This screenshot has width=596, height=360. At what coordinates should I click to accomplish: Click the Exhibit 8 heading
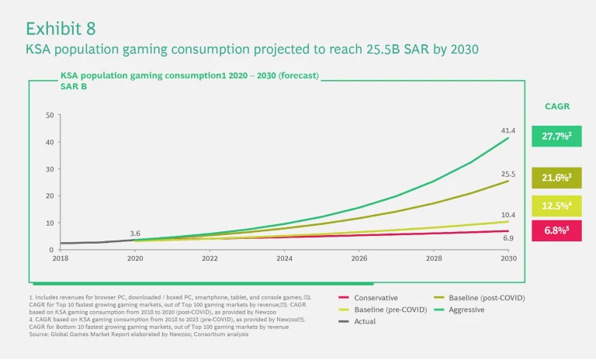61,29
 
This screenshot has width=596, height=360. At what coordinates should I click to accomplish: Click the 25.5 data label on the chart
508,174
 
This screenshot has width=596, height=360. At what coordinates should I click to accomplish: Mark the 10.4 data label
508,214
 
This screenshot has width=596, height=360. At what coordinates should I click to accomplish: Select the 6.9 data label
508,239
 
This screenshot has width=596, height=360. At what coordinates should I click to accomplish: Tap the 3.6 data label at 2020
135,233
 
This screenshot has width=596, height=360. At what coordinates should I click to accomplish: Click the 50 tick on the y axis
50,116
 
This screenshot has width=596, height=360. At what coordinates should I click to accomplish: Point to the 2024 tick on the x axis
284,258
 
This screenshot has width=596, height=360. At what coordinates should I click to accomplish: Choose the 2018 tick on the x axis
61,258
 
